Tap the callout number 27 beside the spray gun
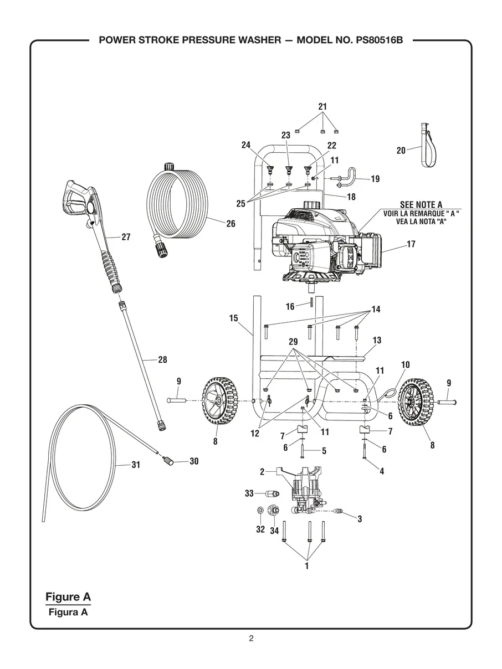coord(126,237)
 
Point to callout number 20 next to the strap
coord(401,150)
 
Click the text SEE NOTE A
coord(421,205)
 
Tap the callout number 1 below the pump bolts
coord(306,566)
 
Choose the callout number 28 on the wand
coord(162,360)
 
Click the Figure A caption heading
coord(68,596)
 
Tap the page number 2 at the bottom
coord(251,639)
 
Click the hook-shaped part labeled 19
coord(349,176)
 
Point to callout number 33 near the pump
coord(249,492)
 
